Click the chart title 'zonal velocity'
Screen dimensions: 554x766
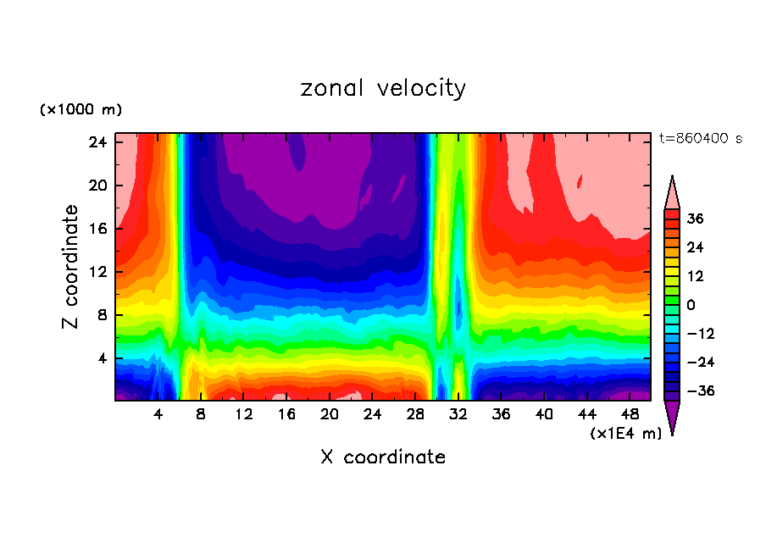pos(383,88)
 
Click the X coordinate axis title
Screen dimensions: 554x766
pos(383,457)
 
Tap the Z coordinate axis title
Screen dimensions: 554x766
pos(72,267)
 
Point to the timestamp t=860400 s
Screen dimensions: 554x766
pos(700,138)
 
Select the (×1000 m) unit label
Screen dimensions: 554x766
pos(80,110)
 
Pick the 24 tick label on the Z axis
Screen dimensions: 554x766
pos(97,142)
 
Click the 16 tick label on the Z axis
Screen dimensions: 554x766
pos(97,229)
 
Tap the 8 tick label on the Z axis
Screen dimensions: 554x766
pos(101,315)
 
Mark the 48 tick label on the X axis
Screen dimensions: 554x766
pos(631,414)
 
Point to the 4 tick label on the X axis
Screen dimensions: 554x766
pos(158,414)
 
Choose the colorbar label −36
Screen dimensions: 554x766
pos(701,391)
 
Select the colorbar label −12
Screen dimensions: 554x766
pos(701,334)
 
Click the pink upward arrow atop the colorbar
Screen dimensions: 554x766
pos(672,193)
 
